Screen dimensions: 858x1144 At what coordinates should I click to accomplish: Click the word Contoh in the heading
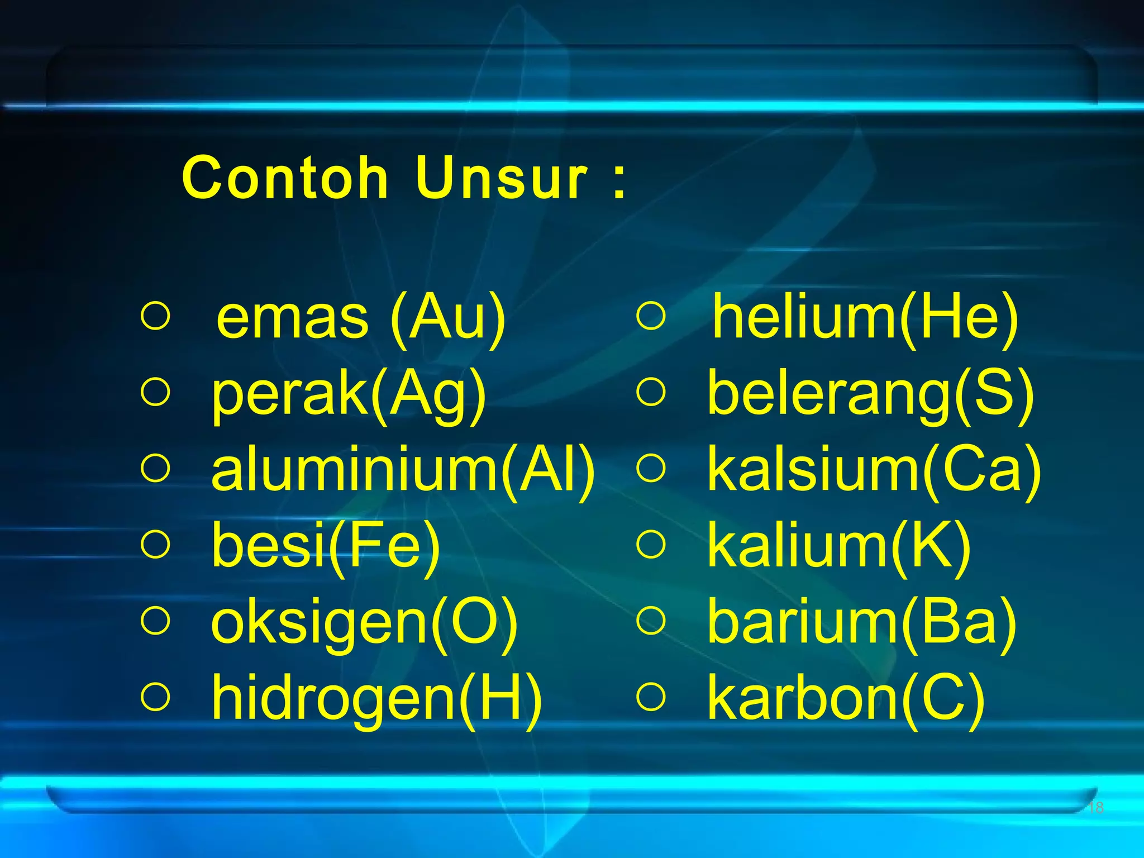pyautogui.click(x=285, y=178)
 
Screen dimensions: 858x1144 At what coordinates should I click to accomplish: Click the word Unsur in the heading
pyautogui.click(x=502, y=178)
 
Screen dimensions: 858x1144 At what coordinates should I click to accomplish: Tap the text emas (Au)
pyautogui.click(x=361, y=318)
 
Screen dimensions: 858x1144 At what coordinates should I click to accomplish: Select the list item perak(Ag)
pyautogui.click(x=349, y=394)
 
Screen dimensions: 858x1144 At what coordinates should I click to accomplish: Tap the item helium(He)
pyautogui.click(x=865, y=318)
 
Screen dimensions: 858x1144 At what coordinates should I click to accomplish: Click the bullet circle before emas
pyautogui.click(x=155, y=316)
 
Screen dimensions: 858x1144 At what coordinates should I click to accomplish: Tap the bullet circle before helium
pyautogui.click(x=651, y=316)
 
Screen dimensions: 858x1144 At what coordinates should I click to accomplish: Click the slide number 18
pyautogui.click(x=1096, y=807)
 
